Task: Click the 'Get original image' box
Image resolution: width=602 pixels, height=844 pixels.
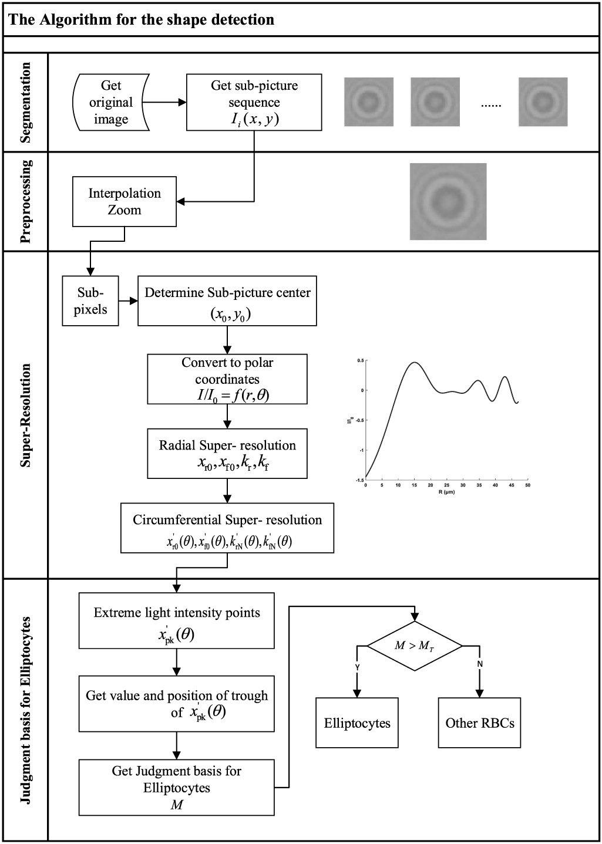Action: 111,102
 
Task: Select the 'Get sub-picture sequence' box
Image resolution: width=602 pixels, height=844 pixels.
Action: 254,102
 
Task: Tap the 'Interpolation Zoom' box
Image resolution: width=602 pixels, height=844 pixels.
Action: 124,201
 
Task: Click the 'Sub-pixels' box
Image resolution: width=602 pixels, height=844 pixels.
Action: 90,301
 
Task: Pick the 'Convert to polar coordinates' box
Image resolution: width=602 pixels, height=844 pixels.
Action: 227,379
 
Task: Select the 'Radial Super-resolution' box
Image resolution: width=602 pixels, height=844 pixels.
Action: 227,453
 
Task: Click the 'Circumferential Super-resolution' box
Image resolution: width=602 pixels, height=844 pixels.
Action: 227,528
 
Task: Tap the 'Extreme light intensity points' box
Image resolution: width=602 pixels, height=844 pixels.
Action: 176,621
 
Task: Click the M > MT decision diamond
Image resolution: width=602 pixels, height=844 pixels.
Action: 415,646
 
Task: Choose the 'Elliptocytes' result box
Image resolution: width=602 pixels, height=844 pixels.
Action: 357,723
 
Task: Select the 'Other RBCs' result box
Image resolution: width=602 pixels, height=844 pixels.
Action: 479,723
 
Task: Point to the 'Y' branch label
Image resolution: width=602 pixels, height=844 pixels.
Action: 358,667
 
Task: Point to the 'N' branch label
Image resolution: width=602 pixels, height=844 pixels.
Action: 480,664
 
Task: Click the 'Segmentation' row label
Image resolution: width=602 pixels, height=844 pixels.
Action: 26,103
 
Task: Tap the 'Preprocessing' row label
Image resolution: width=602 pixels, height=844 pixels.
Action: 26,201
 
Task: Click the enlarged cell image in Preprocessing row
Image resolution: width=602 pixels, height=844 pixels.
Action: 448,201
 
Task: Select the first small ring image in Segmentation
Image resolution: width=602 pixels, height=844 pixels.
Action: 368,102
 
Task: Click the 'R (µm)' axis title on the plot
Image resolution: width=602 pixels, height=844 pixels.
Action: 446,492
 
